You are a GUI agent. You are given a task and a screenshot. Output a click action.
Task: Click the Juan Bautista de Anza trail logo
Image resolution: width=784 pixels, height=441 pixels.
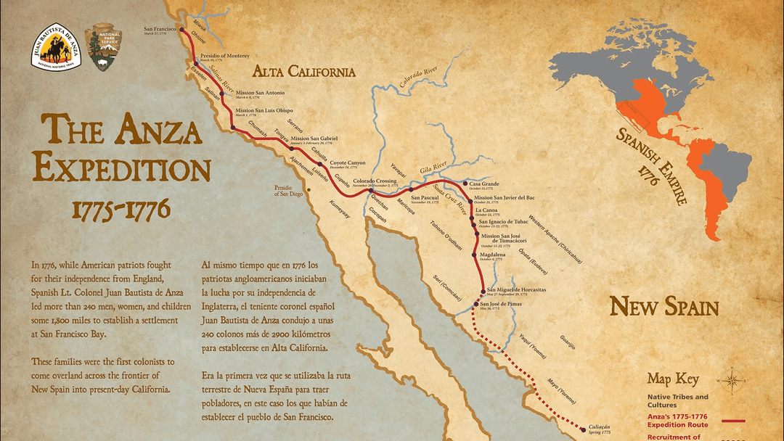point(54,48)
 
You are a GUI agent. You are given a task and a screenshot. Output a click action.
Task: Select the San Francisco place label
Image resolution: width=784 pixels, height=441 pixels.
point(160,29)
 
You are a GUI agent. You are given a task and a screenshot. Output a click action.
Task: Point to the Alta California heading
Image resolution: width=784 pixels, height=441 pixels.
point(303,71)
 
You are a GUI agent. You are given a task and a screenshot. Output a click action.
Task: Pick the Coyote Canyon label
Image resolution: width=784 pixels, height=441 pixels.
point(348,163)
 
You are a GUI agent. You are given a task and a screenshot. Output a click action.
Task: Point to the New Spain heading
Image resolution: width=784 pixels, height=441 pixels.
point(663,306)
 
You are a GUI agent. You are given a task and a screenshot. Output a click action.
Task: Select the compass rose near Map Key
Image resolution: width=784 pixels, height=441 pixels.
point(732,379)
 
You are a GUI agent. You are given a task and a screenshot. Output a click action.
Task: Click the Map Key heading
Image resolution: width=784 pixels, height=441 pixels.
point(673,379)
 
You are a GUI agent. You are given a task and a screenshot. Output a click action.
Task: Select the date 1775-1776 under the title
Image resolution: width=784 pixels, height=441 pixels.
point(121,209)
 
